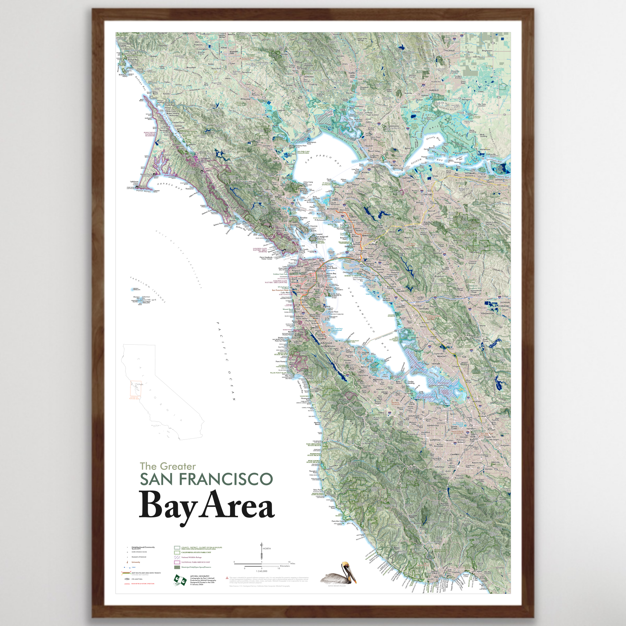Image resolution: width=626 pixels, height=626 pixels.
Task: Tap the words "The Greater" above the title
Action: click(167, 466)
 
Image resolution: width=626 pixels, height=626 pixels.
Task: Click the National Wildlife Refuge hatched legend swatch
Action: click(177, 557)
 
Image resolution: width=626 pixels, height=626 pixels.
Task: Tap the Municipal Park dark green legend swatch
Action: click(177, 567)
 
